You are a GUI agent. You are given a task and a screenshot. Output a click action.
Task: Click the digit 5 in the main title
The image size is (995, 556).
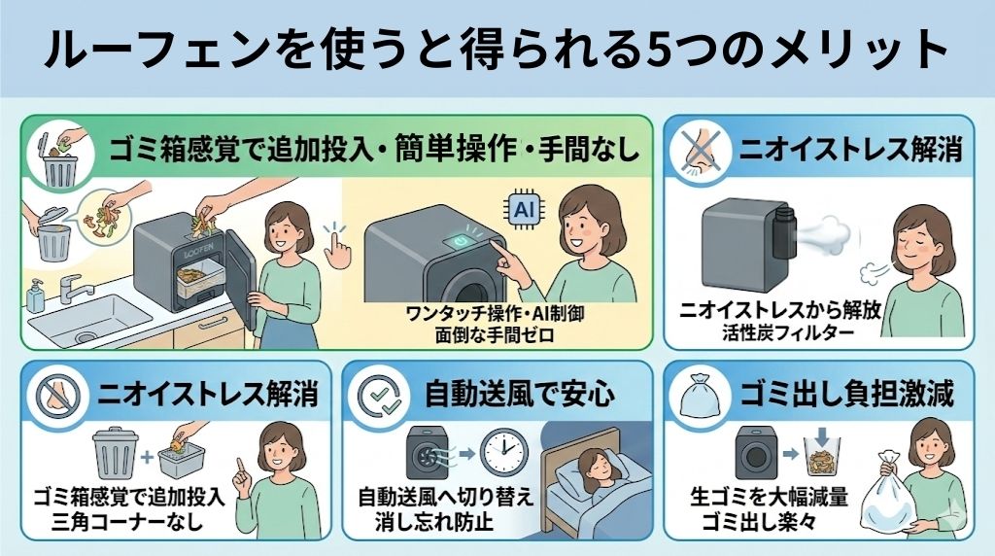[649, 51]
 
